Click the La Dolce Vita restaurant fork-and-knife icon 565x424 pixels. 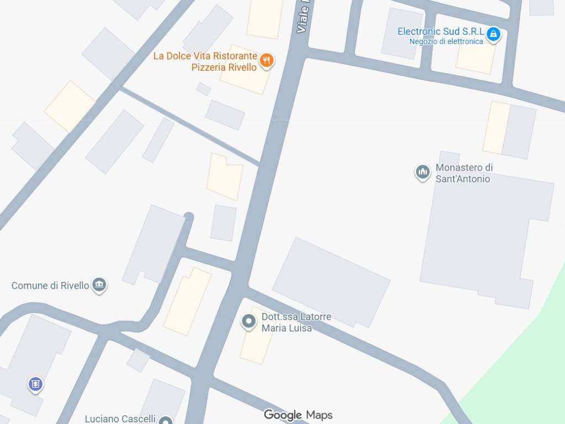click(x=267, y=60)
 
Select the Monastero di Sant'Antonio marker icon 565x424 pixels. click(x=423, y=172)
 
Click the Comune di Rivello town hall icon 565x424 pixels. click(x=99, y=285)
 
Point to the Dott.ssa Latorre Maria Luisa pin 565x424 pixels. click(x=249, y=321)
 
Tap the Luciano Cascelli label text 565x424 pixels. click(x=120, y=418)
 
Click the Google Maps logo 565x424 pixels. click(x=298, y=415)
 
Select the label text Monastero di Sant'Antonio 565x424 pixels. click(x=464, y=173)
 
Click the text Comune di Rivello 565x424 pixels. click(x=50, y=285)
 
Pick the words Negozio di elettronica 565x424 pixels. click(x=446, y=41)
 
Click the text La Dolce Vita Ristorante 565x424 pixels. click(x=205, y=56)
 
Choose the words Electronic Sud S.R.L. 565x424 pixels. click(x=440, y=31)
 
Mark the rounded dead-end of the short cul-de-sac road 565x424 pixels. click(x=189, y=217)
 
